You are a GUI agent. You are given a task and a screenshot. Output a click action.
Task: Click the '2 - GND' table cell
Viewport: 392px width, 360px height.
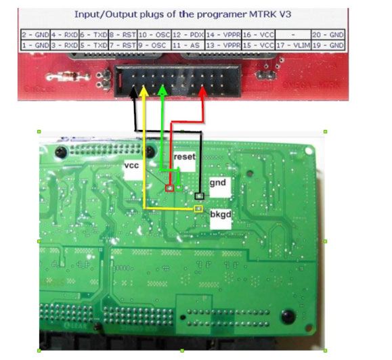click(x=35, y=35)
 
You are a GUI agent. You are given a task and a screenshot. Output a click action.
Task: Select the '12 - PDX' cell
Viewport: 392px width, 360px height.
click(x=187, y=35)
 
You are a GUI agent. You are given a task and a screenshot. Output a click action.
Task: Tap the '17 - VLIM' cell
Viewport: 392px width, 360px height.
click(x=292, y=45)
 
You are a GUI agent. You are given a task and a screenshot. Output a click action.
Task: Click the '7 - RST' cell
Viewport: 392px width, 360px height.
click(x=123, y=45)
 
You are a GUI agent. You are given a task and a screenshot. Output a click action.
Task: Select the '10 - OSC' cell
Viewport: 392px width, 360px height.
click(x=154, y=35)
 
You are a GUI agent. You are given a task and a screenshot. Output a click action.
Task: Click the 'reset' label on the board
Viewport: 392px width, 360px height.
click(x=184, y=158)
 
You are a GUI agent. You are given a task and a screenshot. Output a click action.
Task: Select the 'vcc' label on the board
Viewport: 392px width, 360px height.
click(x=132, y=166)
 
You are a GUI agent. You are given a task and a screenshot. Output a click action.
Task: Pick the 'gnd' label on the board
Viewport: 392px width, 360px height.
click(x=217, y=182)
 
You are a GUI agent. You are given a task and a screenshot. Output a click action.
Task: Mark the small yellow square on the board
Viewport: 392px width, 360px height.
click(x=198, y=210)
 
